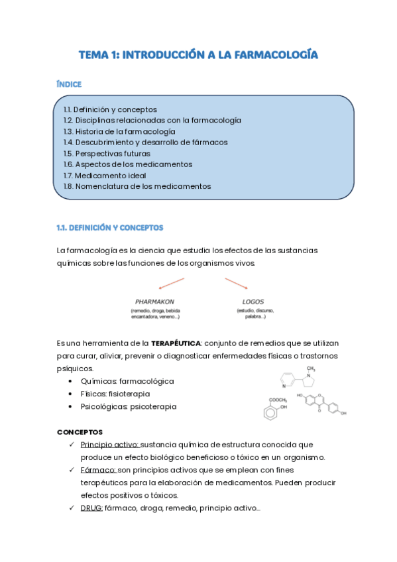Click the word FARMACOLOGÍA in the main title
(270, 55)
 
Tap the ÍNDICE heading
(69, 84)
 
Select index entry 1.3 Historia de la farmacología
(119, 131)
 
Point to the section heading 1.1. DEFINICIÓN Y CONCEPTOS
(109, 227)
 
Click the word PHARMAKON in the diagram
(154, 301)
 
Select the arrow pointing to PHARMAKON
(170, 284)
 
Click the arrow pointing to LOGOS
(236, 284)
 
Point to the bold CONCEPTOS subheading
(80, 431)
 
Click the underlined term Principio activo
(109, 444)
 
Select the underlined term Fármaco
(99, 470)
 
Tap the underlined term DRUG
(91, 508)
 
